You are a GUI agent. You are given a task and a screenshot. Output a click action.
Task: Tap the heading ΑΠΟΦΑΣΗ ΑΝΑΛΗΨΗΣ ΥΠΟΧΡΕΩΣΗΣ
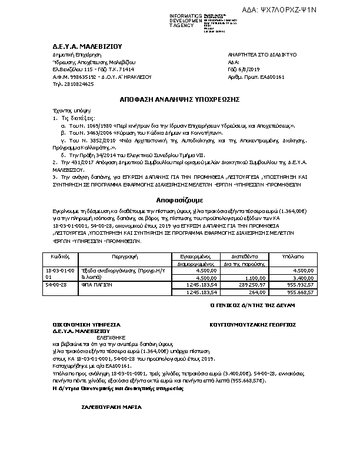(179, 99)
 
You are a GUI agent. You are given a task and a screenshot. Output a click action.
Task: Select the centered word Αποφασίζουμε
(179, 199)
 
